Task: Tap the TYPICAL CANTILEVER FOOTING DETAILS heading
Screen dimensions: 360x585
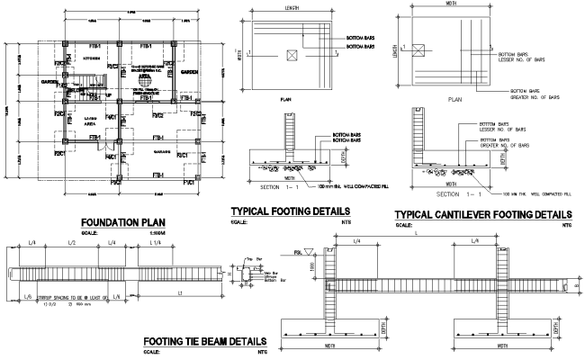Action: (x=484, y=213)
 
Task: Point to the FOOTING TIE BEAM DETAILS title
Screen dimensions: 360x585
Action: (x=204, y=342)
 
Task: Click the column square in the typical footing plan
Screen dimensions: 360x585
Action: (x=290, y=55)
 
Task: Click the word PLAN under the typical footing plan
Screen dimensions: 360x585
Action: (x=286, y=100)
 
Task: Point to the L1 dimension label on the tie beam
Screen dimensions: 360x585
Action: (x=179, y=294)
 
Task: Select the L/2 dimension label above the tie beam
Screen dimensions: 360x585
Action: (x=72, y=244)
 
